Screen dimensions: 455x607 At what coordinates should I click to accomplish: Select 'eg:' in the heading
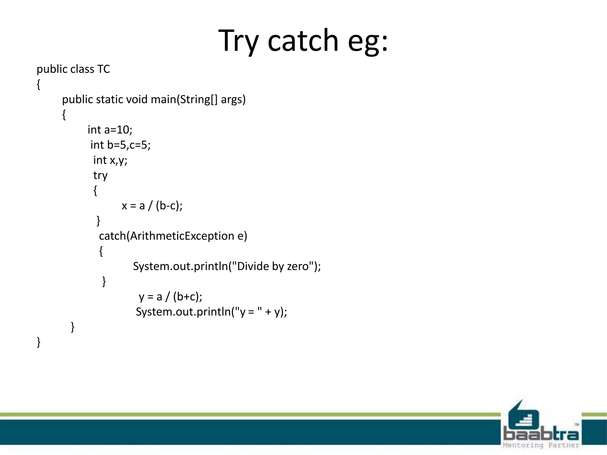click(368, 41)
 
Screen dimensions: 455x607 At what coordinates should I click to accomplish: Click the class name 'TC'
click(103, 69)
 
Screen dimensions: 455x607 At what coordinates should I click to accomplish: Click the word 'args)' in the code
click(233, 99)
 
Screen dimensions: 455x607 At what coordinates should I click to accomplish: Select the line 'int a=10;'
click(110, 130)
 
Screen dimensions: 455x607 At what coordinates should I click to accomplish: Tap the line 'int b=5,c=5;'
click(120, 145)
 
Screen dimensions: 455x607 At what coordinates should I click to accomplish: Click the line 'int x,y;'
click(110, 160)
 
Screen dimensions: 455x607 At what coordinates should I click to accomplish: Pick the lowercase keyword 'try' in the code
click(100, 175)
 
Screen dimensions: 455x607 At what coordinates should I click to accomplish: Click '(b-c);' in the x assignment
click(169, 206)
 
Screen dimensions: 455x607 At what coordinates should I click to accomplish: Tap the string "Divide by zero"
click(273, 266)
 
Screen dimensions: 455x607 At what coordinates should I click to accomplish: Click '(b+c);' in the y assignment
click(187, 297)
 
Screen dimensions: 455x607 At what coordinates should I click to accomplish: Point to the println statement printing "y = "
click(211, 312)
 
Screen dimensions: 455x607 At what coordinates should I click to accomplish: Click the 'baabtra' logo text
click(541, 434)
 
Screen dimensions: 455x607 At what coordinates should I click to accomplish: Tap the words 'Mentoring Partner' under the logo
click(541, 445)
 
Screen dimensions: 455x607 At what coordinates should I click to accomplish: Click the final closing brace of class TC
click(39, 342)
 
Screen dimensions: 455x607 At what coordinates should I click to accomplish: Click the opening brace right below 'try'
click(95, 190)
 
